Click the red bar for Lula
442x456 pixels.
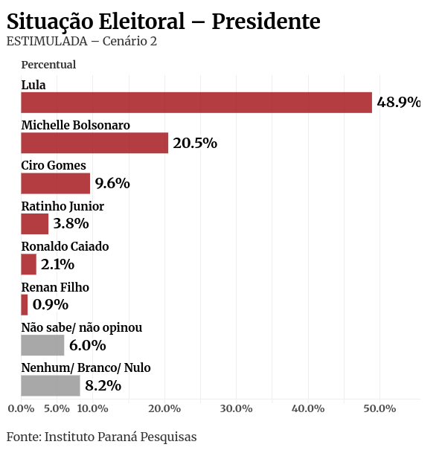[x=196, y=103]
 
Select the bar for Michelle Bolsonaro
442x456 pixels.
[x=95, y=143]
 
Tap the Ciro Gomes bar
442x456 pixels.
[x=55, y=183]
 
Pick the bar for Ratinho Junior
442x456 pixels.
[x=34, y=224]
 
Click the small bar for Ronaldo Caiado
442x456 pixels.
[x=28, y=264]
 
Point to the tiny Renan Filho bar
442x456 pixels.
[x=25, y=304]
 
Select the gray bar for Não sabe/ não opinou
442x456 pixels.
[x=42, y=345]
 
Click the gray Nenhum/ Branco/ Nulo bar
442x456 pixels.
[x=51, y=385]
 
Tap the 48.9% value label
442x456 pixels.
[x=398, y=103]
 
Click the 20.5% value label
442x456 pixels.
[x=195, y=143]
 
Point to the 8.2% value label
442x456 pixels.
[x=103, y=385]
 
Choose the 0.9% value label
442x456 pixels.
[x=51, y=304]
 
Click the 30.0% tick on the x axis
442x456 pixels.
[x=236, y=408]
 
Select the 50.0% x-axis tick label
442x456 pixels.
[x=379, y=408]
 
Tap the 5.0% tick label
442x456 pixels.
[x=57, y=408]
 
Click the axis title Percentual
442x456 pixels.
[x=48, y=65]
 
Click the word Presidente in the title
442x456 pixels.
[x=266, y=22]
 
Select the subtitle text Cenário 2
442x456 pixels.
[x=129, y=42]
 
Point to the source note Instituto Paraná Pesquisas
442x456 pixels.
[x=121, y=437]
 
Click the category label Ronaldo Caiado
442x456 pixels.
[x=65, y=246]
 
